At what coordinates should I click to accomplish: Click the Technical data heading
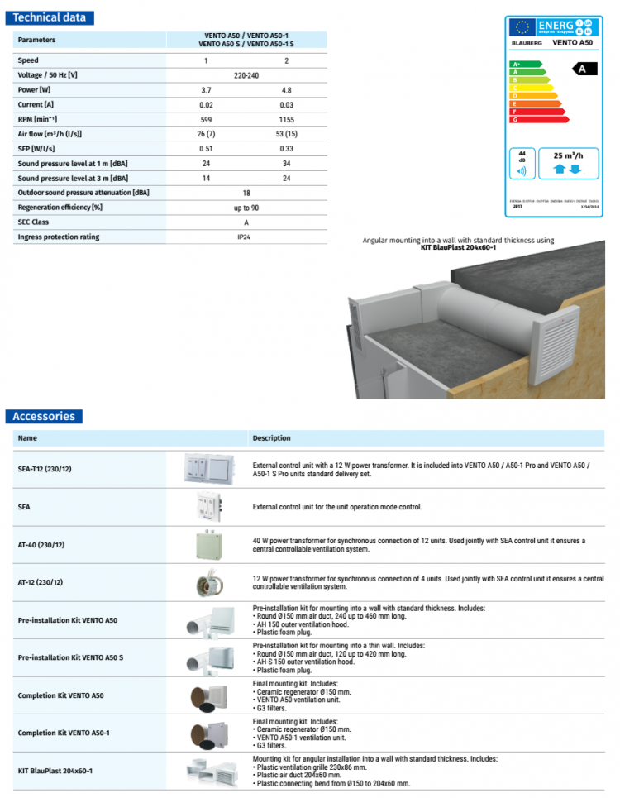tap(49, 17)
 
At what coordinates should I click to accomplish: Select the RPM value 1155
tap(286, 118)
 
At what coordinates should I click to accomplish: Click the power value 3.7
tap(206, 89)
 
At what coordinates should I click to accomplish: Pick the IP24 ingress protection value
tap(246, 237)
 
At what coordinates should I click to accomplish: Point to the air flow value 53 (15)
tap(286, 133)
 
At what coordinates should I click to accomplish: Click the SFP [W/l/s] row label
tap(35, 148)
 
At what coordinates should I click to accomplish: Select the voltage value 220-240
tap(246, 74)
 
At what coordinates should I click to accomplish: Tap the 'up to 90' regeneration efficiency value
tap(246, 208)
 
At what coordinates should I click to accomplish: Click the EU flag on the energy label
tap(521, 26)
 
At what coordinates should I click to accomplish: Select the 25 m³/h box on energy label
tap(569, 163)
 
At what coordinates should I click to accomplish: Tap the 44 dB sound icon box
tap(522, 164)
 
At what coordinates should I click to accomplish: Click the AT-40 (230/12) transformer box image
tap(209, 544)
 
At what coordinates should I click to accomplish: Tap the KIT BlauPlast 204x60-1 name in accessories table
tap(55, 771)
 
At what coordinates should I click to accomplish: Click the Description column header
tap(271, 438)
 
